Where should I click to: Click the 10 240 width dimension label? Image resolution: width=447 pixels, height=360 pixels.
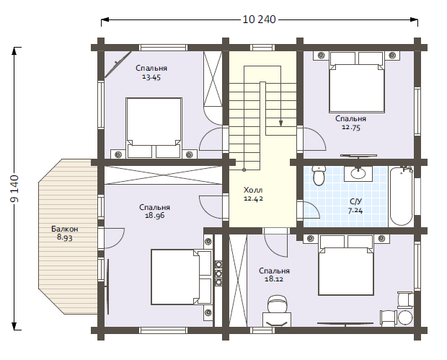[x=259, y=19]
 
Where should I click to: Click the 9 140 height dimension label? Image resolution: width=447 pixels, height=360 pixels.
[x=14, y=188]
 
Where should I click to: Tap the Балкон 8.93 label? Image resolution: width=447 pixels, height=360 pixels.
[x=65, y=233]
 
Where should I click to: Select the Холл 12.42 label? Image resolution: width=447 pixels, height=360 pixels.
[x=253, y=194]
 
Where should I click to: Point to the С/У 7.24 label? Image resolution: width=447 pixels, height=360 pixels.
[x=355, y=206]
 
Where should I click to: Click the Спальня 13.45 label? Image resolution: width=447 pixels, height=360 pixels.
[x=151, y=72]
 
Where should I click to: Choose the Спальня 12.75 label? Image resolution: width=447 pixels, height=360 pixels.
[x=350, y=123]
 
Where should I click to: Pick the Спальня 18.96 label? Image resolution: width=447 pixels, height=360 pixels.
[x=154, y=211]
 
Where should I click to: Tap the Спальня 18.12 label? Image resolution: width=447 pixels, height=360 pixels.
[x=274, y=275]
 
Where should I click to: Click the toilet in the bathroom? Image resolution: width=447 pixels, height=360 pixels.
[x=318, y=175]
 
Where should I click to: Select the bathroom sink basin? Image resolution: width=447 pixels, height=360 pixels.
[x=358, y=173]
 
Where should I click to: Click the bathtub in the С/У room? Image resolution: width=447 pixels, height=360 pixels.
[x=402, y=196]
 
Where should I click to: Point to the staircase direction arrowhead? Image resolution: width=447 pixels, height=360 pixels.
[x=280, y=123]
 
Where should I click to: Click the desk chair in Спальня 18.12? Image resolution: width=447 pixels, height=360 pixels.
[x=277, y=304]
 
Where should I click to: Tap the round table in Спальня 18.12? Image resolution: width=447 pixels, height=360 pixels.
[x=405, y=317]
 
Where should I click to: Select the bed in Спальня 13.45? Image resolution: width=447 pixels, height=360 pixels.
[x=154, y=128]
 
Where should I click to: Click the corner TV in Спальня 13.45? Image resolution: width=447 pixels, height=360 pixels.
[x=118, y=64]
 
